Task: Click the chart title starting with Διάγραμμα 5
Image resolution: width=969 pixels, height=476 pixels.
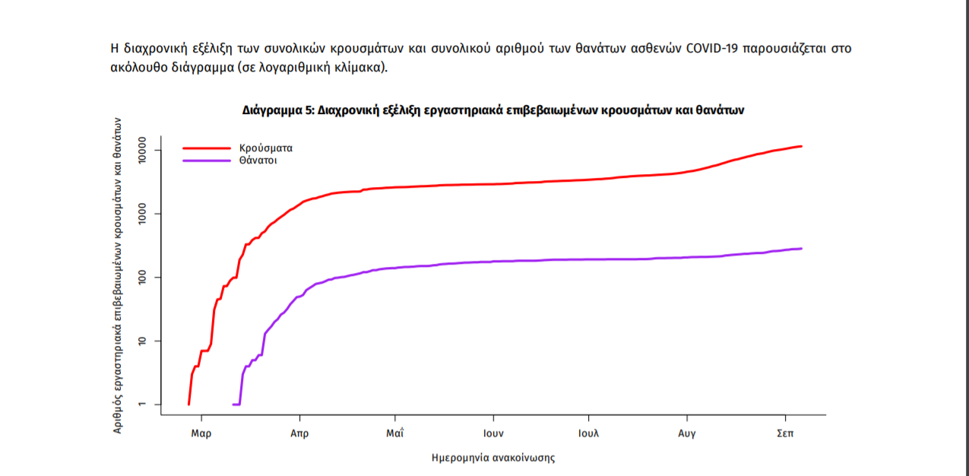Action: [x=492, y=110]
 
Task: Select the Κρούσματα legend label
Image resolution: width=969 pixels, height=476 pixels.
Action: [x=265, y=148]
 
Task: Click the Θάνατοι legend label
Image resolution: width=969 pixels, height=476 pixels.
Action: [x=258, y=161]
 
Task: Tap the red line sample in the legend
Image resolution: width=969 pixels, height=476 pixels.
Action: [x=206, y=148]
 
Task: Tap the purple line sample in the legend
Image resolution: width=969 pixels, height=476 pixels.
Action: [x=206, y=160]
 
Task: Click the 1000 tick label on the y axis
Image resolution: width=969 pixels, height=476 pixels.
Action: [x=144, y=214]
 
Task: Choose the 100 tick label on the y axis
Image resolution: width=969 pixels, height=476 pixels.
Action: [x=144, y=278]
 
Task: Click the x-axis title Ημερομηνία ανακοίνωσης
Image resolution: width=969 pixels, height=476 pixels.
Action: [x=492, y=458]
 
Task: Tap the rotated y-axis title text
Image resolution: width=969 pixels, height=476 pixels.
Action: [x=118, y=275]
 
